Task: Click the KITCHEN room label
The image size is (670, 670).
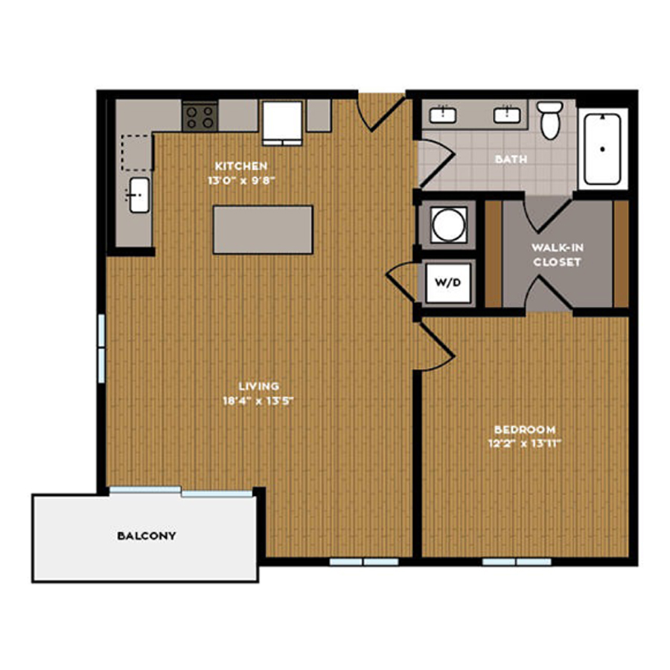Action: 241,166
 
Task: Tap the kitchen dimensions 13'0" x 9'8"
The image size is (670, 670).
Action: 241,180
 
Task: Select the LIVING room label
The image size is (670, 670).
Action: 258,386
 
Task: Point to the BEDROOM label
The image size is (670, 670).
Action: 525,430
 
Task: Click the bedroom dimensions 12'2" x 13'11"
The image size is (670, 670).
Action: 525,444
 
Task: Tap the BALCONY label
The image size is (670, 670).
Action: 147,536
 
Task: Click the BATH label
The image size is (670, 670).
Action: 511,159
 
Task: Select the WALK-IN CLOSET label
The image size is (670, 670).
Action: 557,255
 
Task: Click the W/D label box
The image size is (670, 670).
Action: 448,282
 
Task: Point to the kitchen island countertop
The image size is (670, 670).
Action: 264,230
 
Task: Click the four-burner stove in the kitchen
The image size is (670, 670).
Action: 200,117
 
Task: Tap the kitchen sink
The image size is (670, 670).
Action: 139,195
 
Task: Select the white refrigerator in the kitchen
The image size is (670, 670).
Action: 282,123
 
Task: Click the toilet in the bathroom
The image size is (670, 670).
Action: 549,120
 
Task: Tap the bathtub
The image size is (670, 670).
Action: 602,149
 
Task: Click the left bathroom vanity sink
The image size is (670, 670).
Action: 443,115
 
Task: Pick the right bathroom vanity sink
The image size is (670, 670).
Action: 507,115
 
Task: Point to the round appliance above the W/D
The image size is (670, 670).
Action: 448,225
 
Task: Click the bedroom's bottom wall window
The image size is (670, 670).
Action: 517,561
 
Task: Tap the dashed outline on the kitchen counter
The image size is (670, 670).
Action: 137,153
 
